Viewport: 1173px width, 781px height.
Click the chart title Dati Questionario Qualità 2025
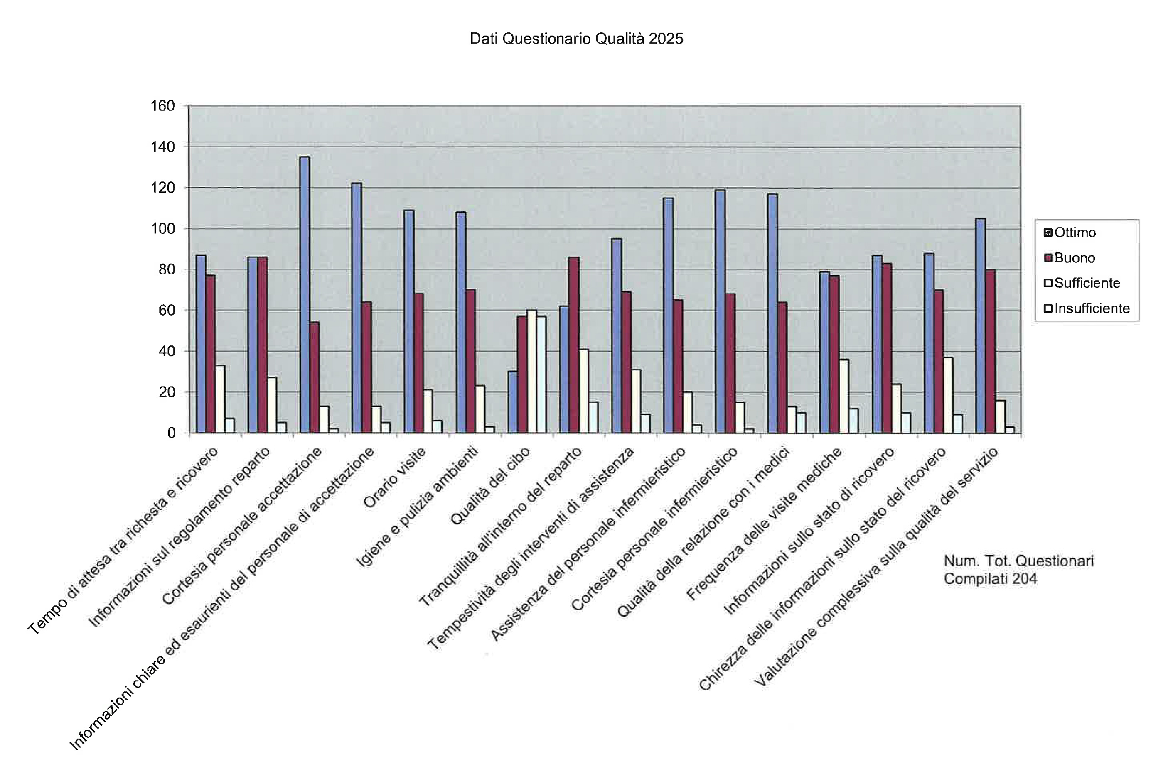[x=576, y=39]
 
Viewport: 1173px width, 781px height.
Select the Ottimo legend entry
[x=1074, y=233]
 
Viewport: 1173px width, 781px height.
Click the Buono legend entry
[x=1073, y=258]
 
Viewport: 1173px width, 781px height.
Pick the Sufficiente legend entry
[x=1086, y=283]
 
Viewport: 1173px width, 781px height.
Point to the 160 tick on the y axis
[x=163, y=106]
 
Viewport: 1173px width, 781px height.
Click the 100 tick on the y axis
[x=163, y=229]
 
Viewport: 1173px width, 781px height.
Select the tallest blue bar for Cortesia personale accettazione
[x=305, y=294]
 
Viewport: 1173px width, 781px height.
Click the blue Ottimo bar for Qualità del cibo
[x=512, y=402]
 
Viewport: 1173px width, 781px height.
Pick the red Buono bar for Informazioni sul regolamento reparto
[x=263, y=345]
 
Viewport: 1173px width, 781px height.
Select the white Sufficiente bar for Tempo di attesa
[x=220, y=399]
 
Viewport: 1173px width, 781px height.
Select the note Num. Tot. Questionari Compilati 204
[x=1018, y=569]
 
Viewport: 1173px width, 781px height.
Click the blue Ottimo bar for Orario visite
[x=408, y=321]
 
